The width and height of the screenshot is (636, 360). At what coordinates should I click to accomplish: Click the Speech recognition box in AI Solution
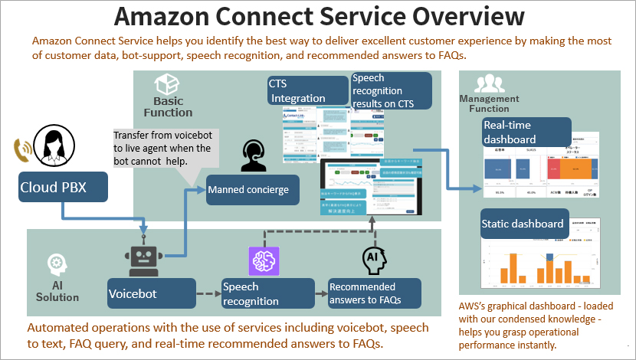click(267, 293)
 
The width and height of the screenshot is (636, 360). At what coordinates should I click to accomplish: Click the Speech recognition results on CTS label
click(391, 90)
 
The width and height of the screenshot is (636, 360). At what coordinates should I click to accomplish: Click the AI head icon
click(374, 260)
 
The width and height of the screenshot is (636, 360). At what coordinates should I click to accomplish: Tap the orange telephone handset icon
click(22, 149)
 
